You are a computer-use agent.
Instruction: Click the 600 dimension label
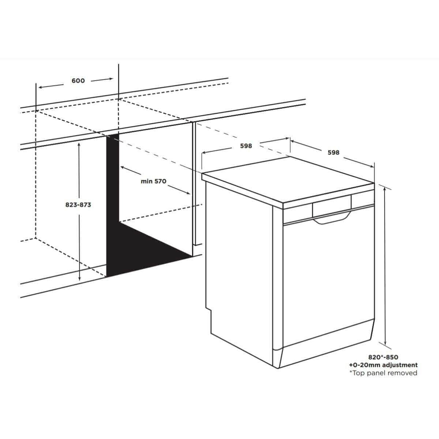(x=78, y=80)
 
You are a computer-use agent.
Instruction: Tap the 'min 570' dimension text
(x=154, y=181)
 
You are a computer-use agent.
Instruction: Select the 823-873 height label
(x=78, y=205)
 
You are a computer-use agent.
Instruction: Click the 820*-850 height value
(x=383, y=357)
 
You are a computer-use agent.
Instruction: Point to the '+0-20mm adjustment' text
(x=383, y=365)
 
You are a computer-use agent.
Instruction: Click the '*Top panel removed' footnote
(x=383, y=373)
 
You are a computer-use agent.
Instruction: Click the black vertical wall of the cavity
(x=112, y=205)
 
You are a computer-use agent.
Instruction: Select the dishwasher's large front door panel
(x=327, y=282)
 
